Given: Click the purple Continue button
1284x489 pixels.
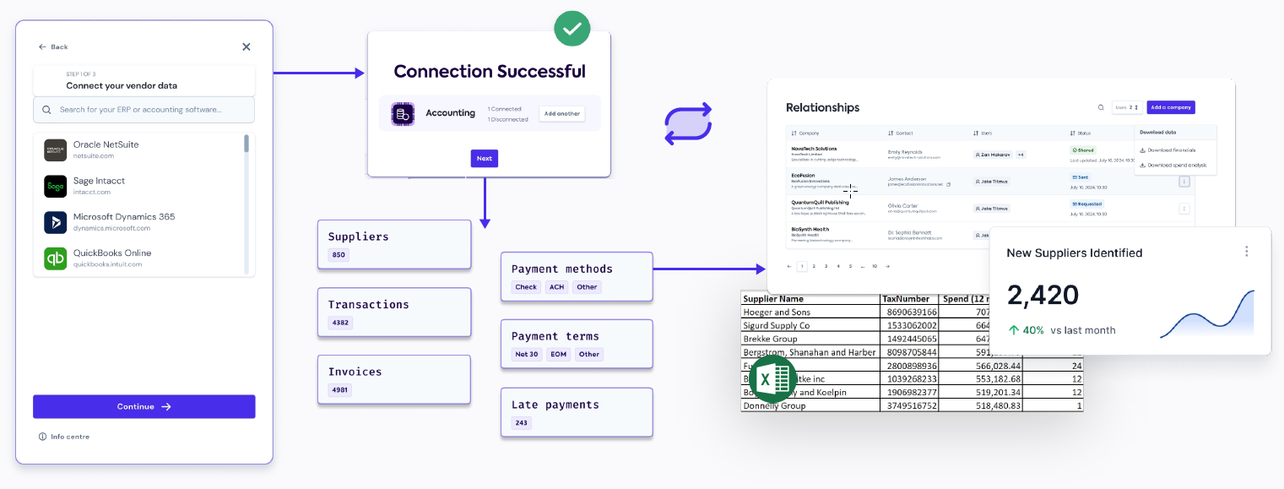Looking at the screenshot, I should click(144, 406).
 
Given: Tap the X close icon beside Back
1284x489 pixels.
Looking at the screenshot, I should click(247, 47).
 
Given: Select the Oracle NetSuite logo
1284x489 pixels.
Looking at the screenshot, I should click(56, 150).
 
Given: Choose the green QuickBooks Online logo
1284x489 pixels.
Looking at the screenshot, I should click(56, 258).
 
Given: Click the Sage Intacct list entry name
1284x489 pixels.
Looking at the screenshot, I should click(100, 181).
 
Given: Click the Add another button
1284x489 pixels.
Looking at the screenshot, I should click(561, 113).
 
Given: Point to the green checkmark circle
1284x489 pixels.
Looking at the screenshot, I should click(572, 29).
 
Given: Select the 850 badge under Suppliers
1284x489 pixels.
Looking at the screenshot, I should click(338, 255).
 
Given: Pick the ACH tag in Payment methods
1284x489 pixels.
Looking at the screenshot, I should click(556, 287).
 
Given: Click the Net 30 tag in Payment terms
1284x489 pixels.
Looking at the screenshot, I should click(527, 355).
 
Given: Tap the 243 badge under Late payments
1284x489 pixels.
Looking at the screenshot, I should click(521, 423).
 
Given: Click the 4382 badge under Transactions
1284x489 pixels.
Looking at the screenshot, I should click(340, 323).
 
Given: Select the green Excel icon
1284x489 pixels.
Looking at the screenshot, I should click(772, 379).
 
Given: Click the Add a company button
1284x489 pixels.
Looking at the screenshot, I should click(1170, 107).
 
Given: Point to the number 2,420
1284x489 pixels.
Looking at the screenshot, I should click(1043, 295).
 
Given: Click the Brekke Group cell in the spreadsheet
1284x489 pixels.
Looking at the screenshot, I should click(770, 339).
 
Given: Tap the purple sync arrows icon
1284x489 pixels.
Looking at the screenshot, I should click(688, 124).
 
